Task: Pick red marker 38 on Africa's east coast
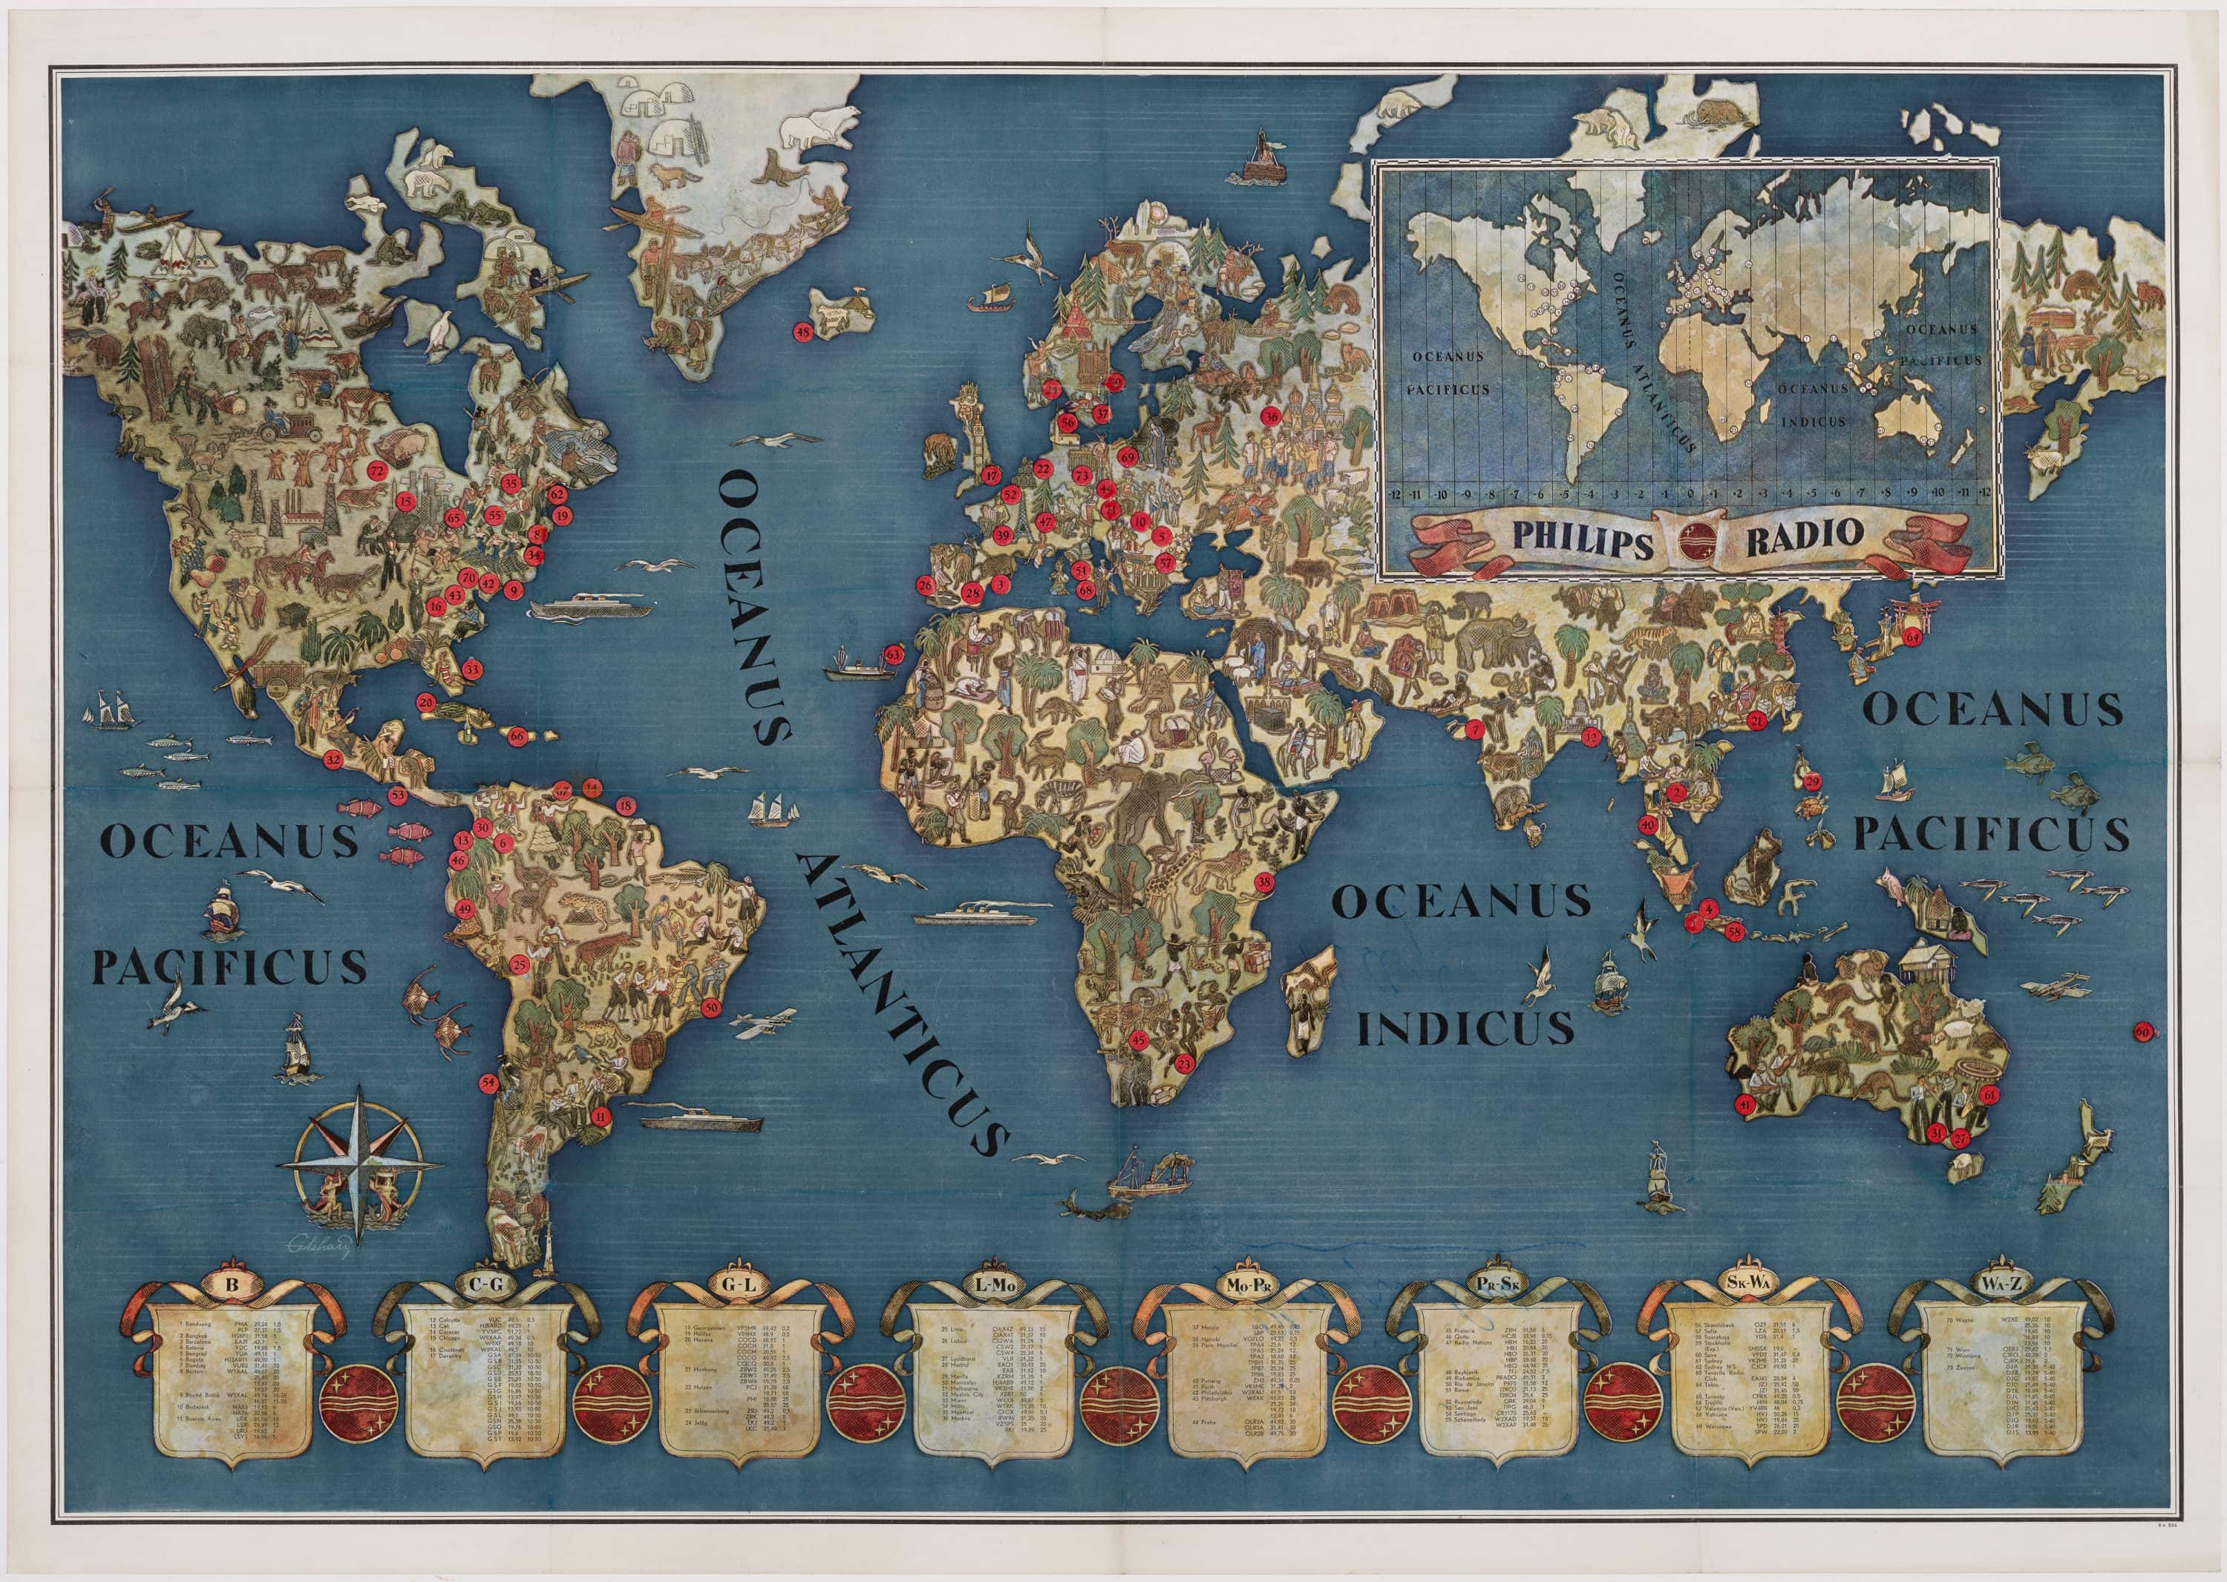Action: tap(1264, 882)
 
